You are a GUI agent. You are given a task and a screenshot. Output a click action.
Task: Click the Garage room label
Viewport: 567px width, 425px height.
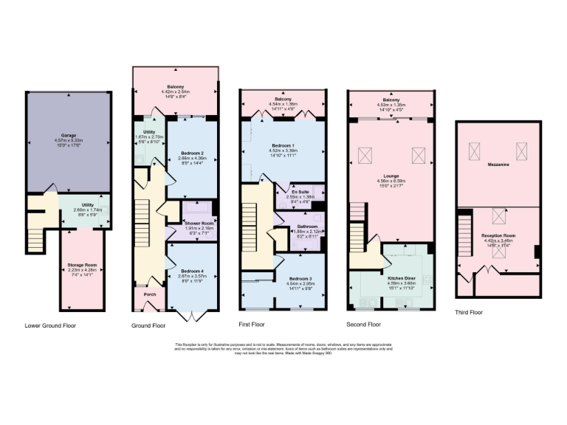69,136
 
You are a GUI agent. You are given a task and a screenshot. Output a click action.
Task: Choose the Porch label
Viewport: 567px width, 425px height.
150,294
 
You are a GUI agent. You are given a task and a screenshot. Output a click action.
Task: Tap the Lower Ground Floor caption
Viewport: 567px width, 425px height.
50,325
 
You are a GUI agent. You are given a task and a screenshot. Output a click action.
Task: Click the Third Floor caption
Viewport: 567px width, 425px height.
469,312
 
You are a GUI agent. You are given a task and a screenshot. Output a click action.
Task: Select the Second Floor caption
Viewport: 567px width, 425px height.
363,324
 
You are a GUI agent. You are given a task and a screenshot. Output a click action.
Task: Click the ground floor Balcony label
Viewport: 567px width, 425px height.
175,86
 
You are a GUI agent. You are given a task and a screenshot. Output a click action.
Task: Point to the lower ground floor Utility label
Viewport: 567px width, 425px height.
82,207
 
